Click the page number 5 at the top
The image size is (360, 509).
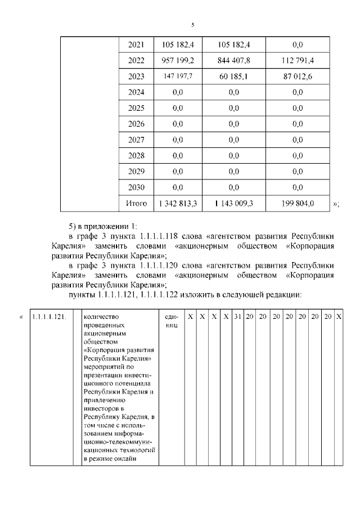point(193,25)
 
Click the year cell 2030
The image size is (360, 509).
point(136,187)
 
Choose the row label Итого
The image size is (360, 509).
point(136,203)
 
